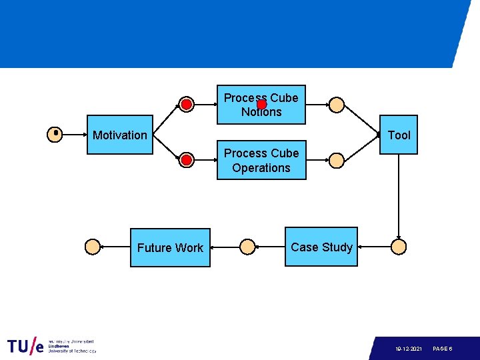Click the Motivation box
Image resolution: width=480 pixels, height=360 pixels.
coord(120,135)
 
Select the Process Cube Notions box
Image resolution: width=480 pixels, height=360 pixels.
coord(261,105)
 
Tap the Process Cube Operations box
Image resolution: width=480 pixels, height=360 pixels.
coord(261,160)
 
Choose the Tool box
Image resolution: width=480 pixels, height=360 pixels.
coord(398,135)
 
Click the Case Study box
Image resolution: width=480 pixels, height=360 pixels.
coord(321,247)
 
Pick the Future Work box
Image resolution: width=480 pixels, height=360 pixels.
coord(170,247)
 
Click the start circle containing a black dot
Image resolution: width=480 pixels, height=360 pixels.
coord(55,135)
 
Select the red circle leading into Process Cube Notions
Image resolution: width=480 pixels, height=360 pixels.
coord(187,105)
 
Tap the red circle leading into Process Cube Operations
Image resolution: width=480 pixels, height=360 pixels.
coord(187,160)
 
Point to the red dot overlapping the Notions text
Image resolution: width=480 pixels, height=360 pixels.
coord(262,105)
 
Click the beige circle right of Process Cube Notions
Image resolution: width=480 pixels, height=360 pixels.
coord(337,105)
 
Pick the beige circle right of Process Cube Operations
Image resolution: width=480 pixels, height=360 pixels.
coord(337,160)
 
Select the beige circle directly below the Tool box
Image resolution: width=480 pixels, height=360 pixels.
coord(399,247)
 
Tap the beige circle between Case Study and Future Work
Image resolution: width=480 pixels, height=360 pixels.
coord(247,247)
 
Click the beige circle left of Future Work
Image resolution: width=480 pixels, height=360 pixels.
coord(93,247)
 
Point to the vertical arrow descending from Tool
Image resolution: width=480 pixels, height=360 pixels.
coord(399,197)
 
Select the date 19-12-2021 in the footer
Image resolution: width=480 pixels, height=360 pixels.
coord(408,349)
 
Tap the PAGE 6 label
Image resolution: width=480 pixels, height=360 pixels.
coord(443,349)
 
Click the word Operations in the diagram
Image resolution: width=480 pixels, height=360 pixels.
coord(261,168)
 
